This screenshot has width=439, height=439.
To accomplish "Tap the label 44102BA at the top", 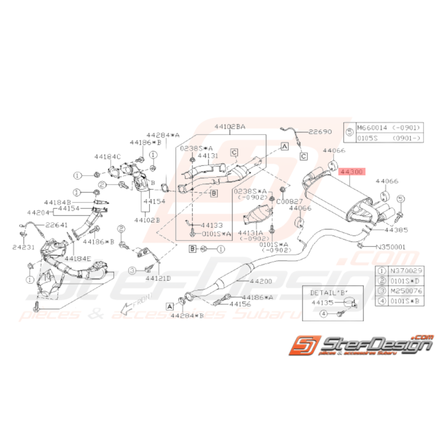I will [x=230, y=127].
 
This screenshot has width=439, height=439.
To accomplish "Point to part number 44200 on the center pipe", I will [x=261, y=282].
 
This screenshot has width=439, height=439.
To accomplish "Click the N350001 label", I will [x=390, y=247].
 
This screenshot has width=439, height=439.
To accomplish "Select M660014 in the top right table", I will [x=372, y=128].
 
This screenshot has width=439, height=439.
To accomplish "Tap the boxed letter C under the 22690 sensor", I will [x=303, y=156].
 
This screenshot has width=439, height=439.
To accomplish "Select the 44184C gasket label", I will [x=107, y=156].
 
